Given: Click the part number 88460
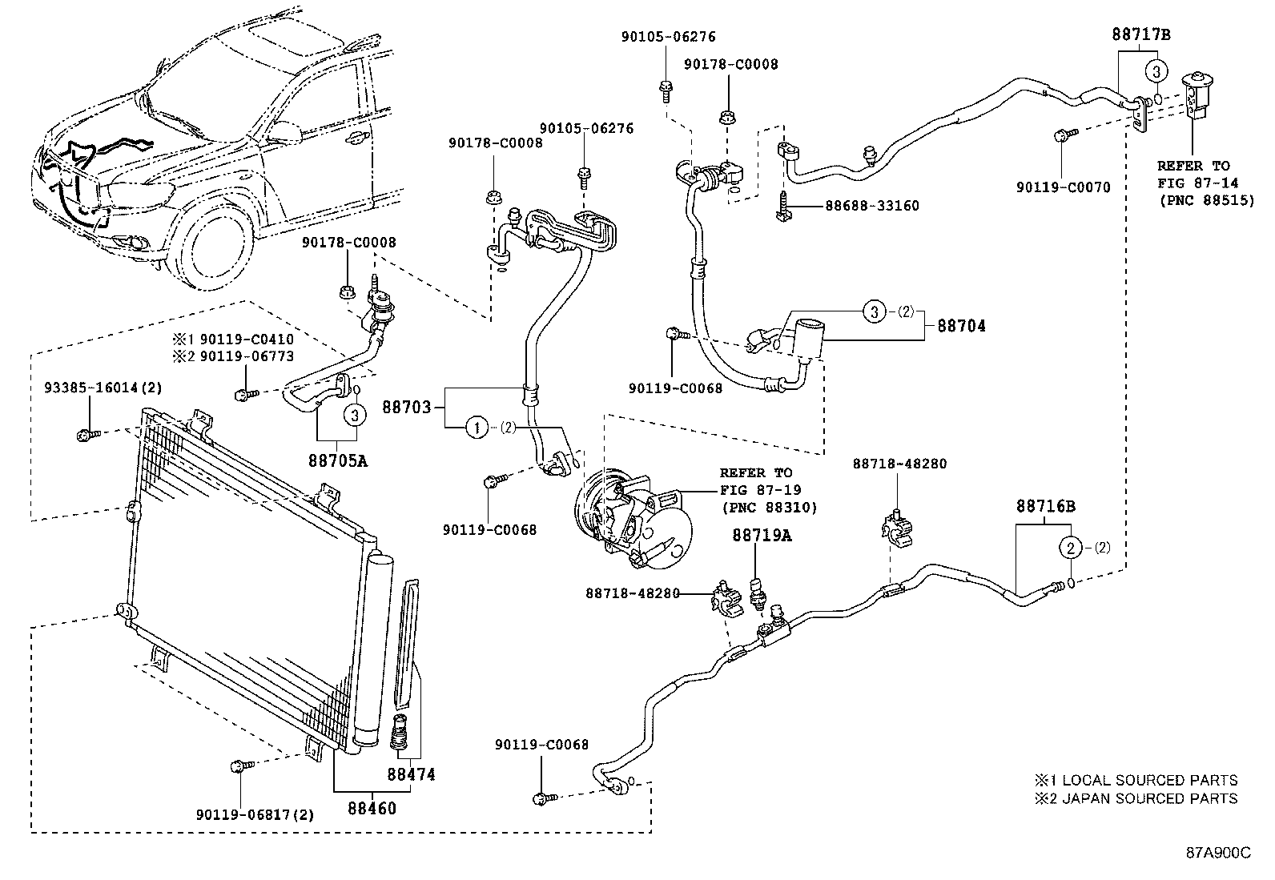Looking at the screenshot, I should [372, 809].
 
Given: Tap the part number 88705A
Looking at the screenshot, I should [338, 461].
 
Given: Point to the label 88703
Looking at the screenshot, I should [406, 408].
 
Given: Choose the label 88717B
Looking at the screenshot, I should [1141, 34].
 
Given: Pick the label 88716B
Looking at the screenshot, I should [1046, 506].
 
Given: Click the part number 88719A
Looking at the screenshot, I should [761, 536].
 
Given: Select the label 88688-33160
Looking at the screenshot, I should [872, 206].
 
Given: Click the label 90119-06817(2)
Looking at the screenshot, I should [255, 815].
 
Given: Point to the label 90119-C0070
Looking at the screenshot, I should [1064, 187].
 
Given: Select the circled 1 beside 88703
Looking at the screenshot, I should [477, 428].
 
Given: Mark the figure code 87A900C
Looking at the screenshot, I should [1218, 853].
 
